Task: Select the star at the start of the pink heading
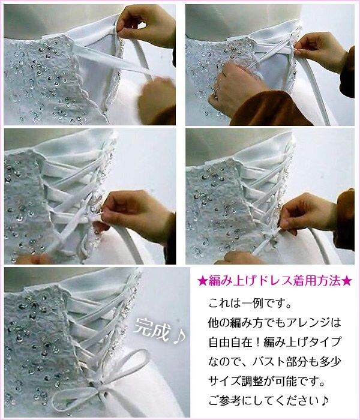tap(202, 280)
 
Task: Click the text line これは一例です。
tap(254, 303)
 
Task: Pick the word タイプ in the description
tap(327, 342)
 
